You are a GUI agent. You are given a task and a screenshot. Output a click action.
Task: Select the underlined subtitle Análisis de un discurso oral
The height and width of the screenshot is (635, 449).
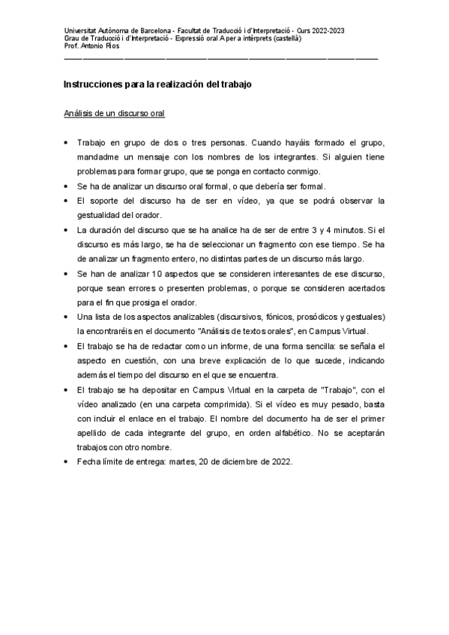coord(114,114)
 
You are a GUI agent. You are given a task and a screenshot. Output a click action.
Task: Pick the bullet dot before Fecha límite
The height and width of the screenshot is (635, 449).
coord(68,461)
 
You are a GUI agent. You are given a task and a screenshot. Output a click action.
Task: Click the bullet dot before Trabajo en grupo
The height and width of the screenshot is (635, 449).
coord(68,142)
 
